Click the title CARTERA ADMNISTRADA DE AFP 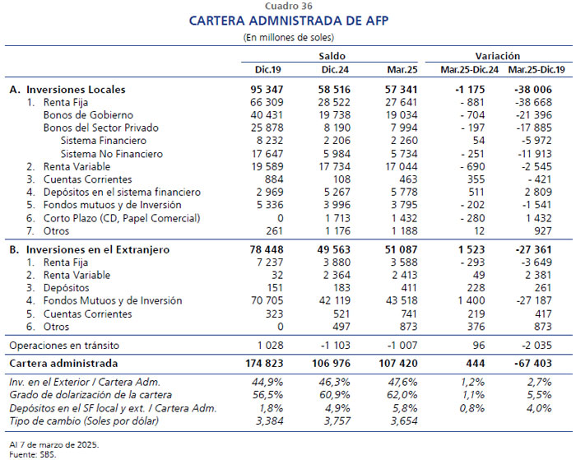click(289, 21)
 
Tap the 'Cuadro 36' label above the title click(288, 6)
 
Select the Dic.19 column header click(267, 69)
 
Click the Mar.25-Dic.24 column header click(470, 69)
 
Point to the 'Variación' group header click(498, 56)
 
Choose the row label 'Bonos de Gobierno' click(88, 115)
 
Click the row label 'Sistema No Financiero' click(112, 154)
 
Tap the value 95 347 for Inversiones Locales click(267, 89)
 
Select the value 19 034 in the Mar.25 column click(402, 115)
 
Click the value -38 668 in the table click(534, 102)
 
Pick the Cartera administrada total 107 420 click(398, 364)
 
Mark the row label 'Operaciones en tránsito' click(64, 346)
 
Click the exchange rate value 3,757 click(337, 421)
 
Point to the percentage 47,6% click(402, 382)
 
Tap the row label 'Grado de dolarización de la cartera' click(91, 395)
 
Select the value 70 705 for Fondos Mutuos click(267, 300)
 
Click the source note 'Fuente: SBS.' click(33, 454)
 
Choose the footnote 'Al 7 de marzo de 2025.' click(54, 444)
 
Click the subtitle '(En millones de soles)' click(288, 37)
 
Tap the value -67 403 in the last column click(534, 364)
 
